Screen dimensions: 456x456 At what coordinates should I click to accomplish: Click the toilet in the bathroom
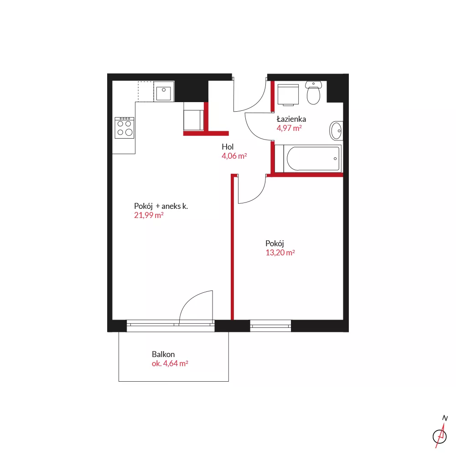313,93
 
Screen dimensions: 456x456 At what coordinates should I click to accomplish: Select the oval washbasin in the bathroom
336,131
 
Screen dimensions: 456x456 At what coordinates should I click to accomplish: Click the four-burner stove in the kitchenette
124,128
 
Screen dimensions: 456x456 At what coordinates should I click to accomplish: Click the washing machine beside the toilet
288,94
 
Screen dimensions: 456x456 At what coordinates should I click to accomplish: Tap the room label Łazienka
291,119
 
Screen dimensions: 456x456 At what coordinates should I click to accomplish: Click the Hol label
228,147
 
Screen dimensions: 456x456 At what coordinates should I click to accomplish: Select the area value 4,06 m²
234,156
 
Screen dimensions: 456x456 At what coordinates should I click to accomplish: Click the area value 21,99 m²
149,215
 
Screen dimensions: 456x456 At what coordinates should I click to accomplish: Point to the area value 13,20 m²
280,253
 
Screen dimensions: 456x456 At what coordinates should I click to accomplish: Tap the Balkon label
163,354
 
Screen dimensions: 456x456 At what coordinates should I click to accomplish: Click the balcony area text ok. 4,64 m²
170,363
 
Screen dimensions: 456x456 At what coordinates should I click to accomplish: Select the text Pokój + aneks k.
161,206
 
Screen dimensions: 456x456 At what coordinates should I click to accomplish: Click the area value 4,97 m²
289,128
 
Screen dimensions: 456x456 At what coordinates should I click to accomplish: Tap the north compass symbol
440,436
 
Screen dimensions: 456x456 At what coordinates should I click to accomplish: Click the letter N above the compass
445,418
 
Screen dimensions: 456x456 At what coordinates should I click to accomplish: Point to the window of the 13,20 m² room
270,326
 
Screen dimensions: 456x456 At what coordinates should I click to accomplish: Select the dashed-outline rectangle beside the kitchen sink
146,91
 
